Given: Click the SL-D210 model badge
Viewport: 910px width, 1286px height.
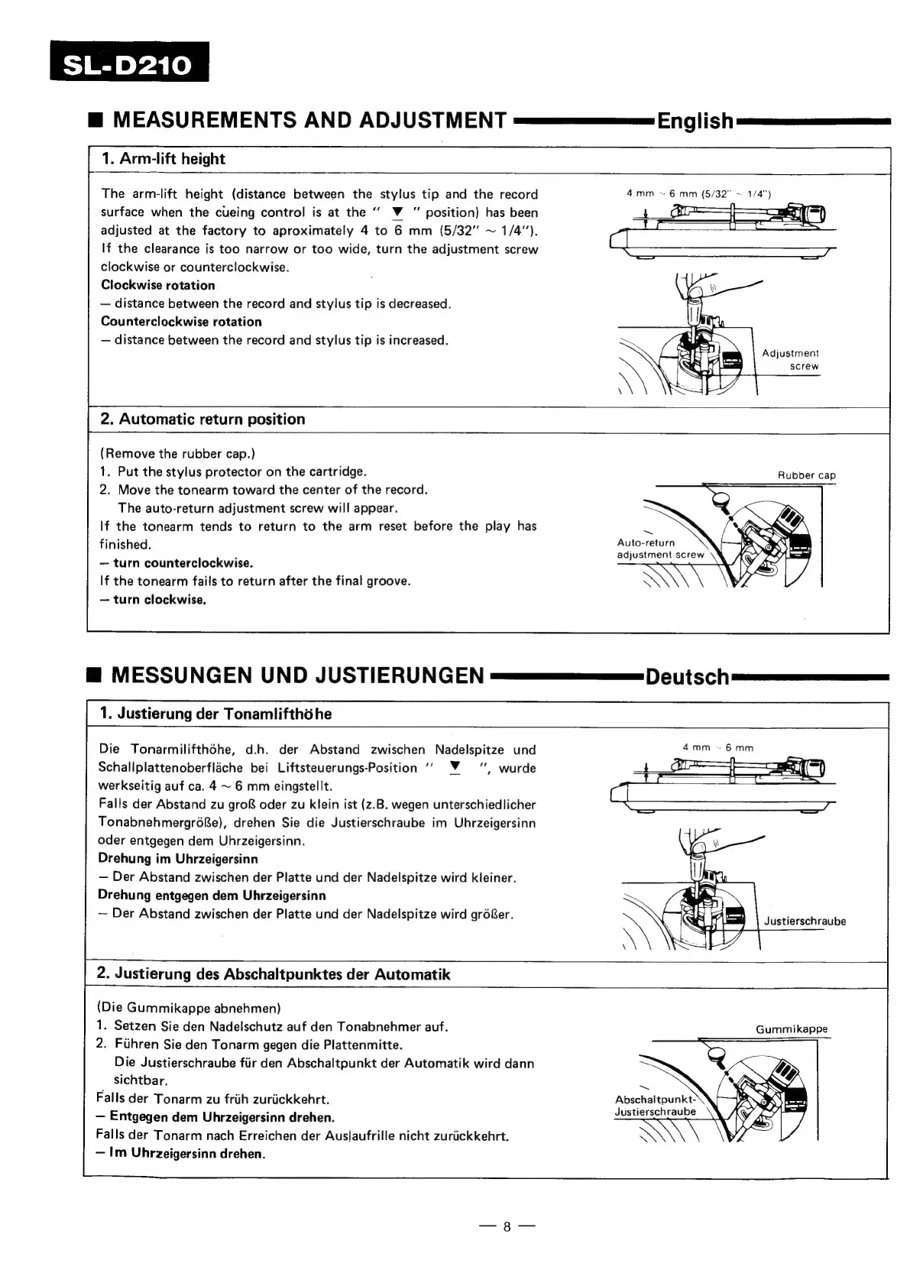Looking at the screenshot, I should coord(128,63).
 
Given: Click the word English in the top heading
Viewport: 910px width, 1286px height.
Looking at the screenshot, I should coord(695,121).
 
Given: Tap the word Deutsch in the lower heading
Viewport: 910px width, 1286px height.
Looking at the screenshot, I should coord(687,676).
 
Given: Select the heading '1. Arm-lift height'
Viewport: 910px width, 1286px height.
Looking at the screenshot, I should coord(164,159).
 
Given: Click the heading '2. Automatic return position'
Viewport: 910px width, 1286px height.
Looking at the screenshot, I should coord(202,419).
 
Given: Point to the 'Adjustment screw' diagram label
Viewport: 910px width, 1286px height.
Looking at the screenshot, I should coord(790,360).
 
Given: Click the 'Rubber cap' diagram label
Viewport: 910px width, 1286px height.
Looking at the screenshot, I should coord(806,475).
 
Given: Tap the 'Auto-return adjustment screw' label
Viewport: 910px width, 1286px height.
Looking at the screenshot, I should coord(660,549).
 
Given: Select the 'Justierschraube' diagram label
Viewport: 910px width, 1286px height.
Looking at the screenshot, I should coord(805,921).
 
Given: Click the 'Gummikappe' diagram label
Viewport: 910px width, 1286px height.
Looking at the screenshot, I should coord(792,1029).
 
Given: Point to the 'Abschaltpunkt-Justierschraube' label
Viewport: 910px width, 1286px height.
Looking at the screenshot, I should coord(656,1106).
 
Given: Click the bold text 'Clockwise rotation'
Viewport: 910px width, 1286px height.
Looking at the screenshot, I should coord(158,285).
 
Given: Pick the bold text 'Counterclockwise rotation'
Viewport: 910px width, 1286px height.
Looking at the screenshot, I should coord(181,322).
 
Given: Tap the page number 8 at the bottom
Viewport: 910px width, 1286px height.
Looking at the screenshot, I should coord(507,1227).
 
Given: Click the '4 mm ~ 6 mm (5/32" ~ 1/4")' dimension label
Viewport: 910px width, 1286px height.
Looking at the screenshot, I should coord(698,194).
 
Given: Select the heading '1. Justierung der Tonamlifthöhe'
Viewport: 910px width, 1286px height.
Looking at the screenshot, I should coord(215,714).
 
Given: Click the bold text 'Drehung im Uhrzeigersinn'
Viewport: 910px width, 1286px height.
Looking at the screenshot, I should coord(178,859).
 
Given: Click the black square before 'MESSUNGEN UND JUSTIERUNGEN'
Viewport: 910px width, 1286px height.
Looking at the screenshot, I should coord(94,675).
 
